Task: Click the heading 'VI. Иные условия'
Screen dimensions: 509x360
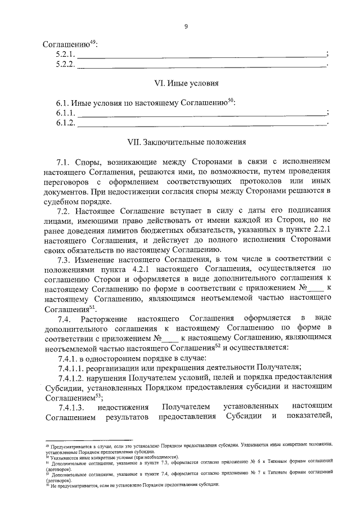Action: point(186,83)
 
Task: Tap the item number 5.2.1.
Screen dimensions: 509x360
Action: point(65,55)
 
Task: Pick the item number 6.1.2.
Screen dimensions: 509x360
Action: point(65,123)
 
